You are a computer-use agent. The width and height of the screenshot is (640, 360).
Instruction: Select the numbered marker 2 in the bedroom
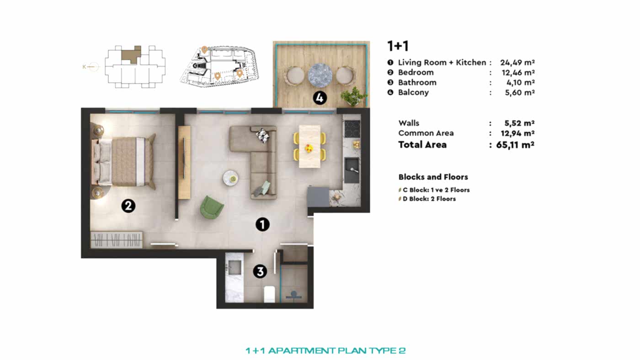(128, 206)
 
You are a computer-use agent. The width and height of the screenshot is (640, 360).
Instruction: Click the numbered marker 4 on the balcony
(320, 97)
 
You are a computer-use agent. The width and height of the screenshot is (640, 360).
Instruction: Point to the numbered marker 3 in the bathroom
(260, 272)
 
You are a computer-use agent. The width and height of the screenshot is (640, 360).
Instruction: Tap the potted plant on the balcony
(353, 96)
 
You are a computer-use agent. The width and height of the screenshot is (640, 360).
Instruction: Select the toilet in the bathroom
(269, 294)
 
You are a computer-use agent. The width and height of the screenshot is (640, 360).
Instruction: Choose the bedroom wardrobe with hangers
(117, 240)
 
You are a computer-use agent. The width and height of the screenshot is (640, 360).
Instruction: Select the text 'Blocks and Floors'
(433, 177)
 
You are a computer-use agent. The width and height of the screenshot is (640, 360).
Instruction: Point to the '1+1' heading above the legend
(397, 46)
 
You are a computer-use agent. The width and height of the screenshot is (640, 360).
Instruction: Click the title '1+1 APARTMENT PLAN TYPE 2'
(325, 351)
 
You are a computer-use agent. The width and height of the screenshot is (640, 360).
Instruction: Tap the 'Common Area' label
(426, 133)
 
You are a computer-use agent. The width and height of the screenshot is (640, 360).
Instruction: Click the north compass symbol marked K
(91, 67)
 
